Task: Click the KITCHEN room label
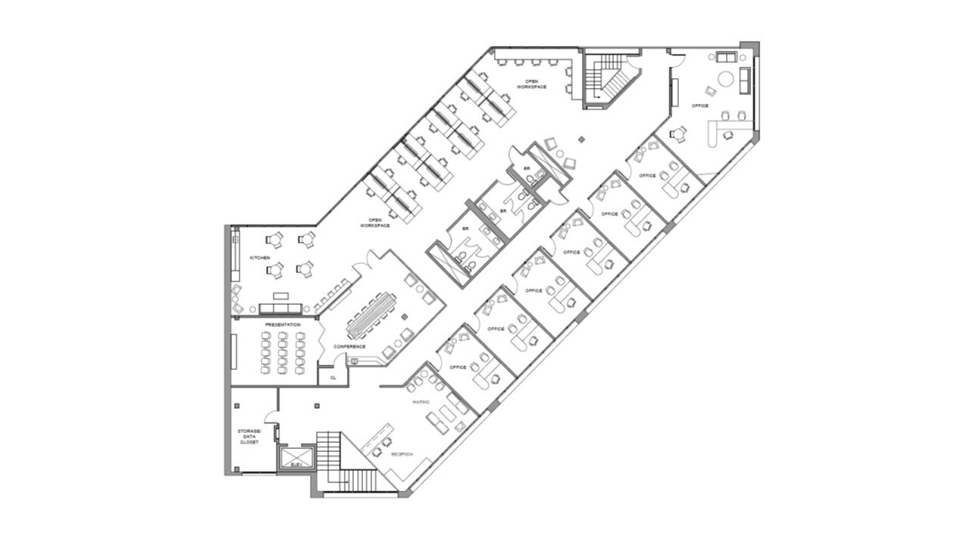pos(260,258)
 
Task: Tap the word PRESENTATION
pos(283,325)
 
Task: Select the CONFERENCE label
pos(349,347)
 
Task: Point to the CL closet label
pos(333,377)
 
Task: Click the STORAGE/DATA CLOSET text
pos(249,436)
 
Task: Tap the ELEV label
pos(296,464)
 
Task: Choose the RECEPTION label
pos(402,453)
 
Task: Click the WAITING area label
pos(421,401)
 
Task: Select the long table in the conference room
pos(371,315)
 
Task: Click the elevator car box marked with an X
pos(296,456)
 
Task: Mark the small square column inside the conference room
pos(405,316)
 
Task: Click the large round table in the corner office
pos(725,78)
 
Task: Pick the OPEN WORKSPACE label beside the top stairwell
pos(532,84)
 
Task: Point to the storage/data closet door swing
pos(271,416)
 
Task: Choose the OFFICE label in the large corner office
pos(699,105)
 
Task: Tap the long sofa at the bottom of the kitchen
pos(280,309)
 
